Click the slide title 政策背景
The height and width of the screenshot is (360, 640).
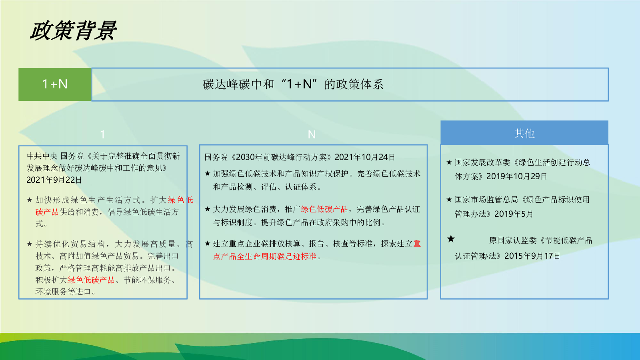pyautogui.click(x=74, y=30)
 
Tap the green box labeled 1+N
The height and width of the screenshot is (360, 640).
pyautogui.click(x=55, y=84)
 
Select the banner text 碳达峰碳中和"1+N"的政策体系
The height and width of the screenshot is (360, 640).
pyautogui.click(x=293, y=84)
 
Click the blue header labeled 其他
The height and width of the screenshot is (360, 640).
pyautogui.click(x=524, y=133)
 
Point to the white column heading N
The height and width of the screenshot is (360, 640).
pyautogui.click(x=312, y=134)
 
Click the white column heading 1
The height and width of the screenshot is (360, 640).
pyautogui.click(x=102, y=134)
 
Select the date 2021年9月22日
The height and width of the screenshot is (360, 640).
pyautogui.click(x=54, y=180)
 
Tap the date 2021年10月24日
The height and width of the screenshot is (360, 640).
pyautogui.click(x=365, y=157)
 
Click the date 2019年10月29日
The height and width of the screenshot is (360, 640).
pyautogui.click(x=516, y=176)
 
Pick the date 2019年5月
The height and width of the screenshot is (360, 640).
pyautogui.click(x=514, y=214)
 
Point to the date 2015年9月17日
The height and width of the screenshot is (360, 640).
pyautogui.click(x=532, y=256)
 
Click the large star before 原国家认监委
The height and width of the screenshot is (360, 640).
pyautogui.click(x=451, y=238)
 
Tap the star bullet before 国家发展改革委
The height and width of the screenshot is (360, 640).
pyautogui.click(x=449, y=162)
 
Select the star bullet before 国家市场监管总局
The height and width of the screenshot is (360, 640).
pyautogui.click(x=449, y=200)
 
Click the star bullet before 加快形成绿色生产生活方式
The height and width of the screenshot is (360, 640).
pyautogui.click(x=30, y=200)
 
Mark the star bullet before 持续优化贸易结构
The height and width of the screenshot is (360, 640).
pyautogui.click(x=30, y=244)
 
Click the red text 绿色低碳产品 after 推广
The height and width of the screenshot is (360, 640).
pyautogui.click(x=324, y=209)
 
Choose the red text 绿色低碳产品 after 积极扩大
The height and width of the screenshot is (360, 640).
pyautogui.click(x=91, y=280)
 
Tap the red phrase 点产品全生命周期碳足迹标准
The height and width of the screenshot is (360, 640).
pyautogui.click(x=265, y=256)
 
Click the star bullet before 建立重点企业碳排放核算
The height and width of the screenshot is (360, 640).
pyautogui.click(x=208, y=244)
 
